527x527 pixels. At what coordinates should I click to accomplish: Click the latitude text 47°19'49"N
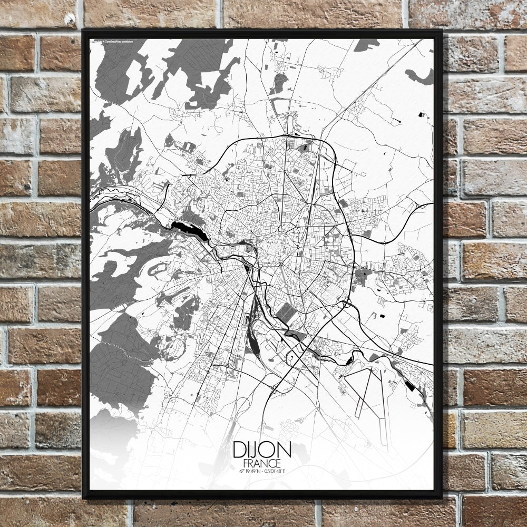pos(249,470)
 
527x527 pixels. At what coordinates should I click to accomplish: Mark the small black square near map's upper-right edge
pos(421,114)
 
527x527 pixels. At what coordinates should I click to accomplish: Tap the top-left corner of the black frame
pos(83,31)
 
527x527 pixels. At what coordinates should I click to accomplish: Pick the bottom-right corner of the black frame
pos(442,498)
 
